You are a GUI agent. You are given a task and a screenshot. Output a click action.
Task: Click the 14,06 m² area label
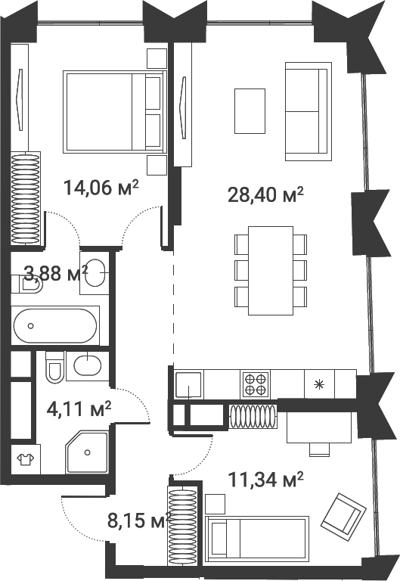click(101, 188)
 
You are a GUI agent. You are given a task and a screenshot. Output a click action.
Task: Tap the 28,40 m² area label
click(265, 194)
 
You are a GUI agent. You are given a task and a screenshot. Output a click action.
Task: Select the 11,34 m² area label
click(265, 480)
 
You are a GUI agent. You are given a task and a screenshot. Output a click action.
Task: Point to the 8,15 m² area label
click(139, 520)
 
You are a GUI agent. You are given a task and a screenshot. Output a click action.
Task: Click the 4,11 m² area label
click(79, 409)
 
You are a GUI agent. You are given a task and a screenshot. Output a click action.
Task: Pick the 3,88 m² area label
click(56, 273)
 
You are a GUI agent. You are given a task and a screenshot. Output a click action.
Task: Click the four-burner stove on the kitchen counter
click(255, 384)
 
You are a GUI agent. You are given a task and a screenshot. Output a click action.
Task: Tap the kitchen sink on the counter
click(189, 384)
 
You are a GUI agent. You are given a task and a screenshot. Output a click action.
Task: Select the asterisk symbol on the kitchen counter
click(318, 384)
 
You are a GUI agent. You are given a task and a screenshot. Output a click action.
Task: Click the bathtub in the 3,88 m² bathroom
click(55, 326)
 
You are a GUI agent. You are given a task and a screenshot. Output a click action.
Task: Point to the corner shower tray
click(87, 452)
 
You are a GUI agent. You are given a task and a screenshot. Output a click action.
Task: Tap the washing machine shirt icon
click(25, 459)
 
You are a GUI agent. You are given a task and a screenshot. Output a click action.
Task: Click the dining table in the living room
click(271, 271)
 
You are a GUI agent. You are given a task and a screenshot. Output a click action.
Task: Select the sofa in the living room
click(309, 111)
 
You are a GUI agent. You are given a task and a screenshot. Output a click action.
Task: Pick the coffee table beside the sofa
click(250, 110)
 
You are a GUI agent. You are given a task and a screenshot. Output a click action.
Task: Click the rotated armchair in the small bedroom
click(343, 513)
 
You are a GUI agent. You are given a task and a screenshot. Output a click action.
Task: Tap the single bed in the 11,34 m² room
click(257, 540)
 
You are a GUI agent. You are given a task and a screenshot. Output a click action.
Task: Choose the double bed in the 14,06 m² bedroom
click(114, 111)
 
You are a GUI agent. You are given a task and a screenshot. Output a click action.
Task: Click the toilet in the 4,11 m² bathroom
click(54, 367)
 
